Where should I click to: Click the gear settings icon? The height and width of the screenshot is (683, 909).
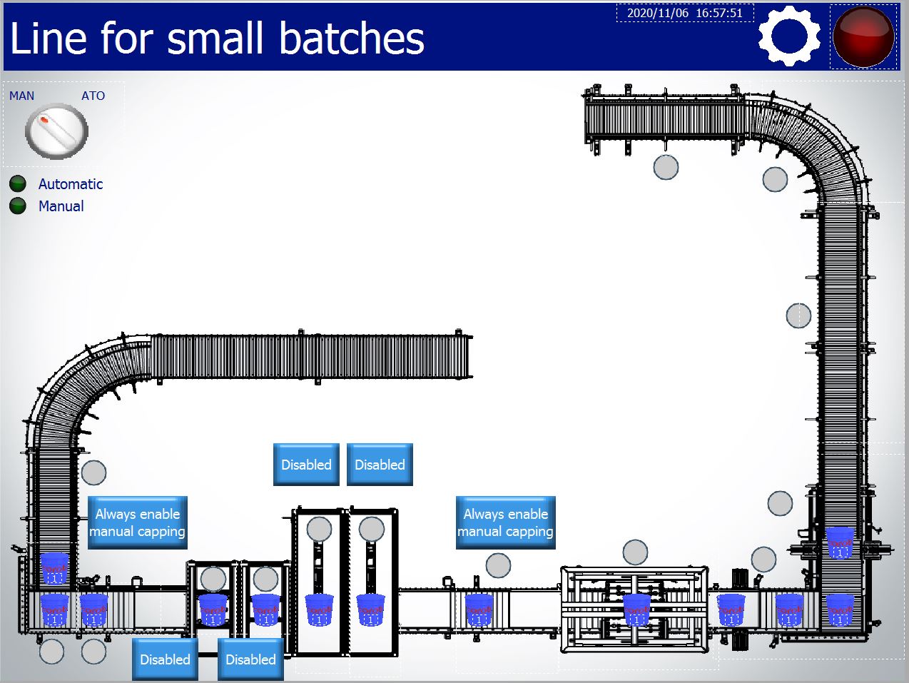coord(788,36)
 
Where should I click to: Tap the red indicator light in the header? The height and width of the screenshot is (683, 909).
coord(863,36)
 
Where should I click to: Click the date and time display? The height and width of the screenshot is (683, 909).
coord(685,13)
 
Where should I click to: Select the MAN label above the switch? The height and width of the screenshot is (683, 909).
coord(21,96)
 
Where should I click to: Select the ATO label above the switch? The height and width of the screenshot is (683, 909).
coord(93,96)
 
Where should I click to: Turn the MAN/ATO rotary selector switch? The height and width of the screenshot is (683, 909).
coord(56,131)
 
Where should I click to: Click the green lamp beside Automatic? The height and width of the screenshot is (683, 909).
coord(18,184)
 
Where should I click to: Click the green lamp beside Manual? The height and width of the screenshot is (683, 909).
coord(18,206)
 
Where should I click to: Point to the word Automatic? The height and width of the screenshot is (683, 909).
coord(71,184)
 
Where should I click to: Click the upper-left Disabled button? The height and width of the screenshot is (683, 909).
coord(306,465)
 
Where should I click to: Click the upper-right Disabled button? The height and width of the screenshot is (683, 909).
coord(380,465)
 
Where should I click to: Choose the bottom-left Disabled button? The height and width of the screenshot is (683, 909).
coord(165,659)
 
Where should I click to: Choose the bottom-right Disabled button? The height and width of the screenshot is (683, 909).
coord(250,659)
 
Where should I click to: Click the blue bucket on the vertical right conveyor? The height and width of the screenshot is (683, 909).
coord(840,543)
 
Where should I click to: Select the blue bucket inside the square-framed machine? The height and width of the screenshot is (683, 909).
coord(636,609)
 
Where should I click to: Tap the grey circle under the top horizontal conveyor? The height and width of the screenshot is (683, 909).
coord(666,167)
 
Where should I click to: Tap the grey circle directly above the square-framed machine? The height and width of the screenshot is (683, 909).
coord(635,552)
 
